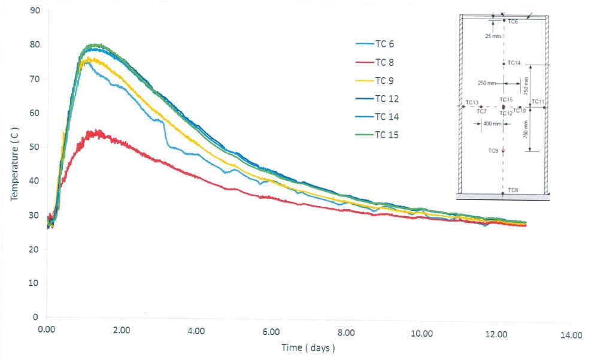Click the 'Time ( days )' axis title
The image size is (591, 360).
pos(308,347)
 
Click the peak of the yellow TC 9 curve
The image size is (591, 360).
pos(90,58)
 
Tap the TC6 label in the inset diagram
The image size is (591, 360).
pos(513,22)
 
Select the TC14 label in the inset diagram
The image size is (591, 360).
pos(514,62)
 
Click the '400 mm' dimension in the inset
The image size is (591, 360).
pos(491,124)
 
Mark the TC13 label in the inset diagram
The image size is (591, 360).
pos(472,102)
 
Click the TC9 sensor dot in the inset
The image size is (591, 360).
pos(503,152)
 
